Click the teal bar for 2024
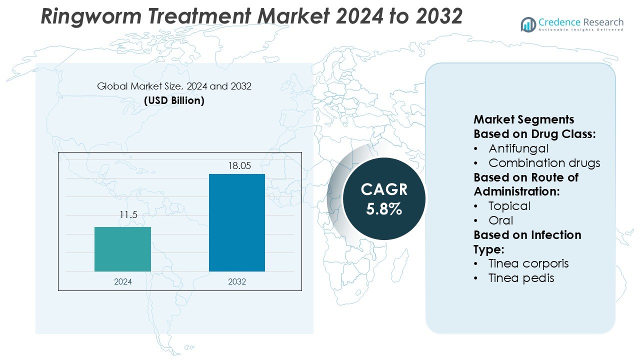[122, 249]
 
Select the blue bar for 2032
[236, 222]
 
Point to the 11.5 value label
[127, 215]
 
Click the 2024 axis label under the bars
[123, 281]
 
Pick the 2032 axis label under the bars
[237, 281]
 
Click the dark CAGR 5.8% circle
[384, 198]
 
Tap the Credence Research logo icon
[528, 24]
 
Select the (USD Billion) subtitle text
[174, 100]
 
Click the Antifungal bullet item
[518, 148]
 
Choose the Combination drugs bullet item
[544, 163]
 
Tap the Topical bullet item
[509, 206]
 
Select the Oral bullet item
[501, 220]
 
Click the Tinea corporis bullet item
[528, 263]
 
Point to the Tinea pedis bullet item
[521, 278]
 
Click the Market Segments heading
[523, 119]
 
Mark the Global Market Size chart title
[174, 86]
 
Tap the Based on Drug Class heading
[534, 134]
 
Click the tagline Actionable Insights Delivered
[580, 30]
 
